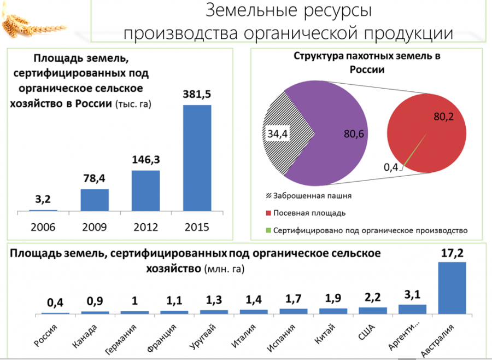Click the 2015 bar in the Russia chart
click(197, 158)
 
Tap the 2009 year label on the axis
click(95, 227)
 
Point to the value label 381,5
click(197, 94)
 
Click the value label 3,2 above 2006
click(43, 199)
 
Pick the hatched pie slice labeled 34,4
click(285, 133)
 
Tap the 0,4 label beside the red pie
click(391, 167)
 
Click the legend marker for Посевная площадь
click(268, 213)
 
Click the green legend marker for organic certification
click(268, 230)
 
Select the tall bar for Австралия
click(452, 288)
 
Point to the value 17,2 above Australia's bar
click(452, 253)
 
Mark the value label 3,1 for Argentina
click(412, 295)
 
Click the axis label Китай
click(325, 335)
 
